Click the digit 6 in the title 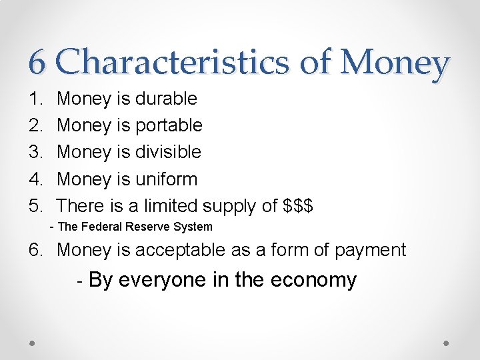coord(37,64)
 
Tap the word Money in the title coord(395,64)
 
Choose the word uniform coord(166,179)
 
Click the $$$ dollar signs coord(298,206)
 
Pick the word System coord(193,227)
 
